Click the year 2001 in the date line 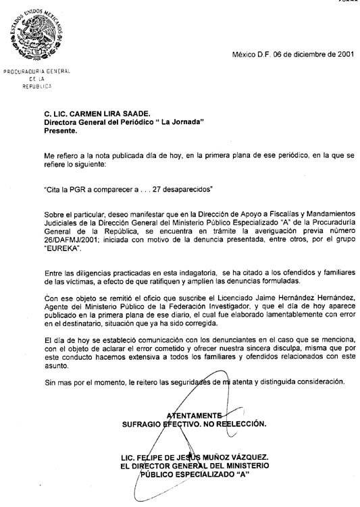pyautogui.click(x=339, y=54)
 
